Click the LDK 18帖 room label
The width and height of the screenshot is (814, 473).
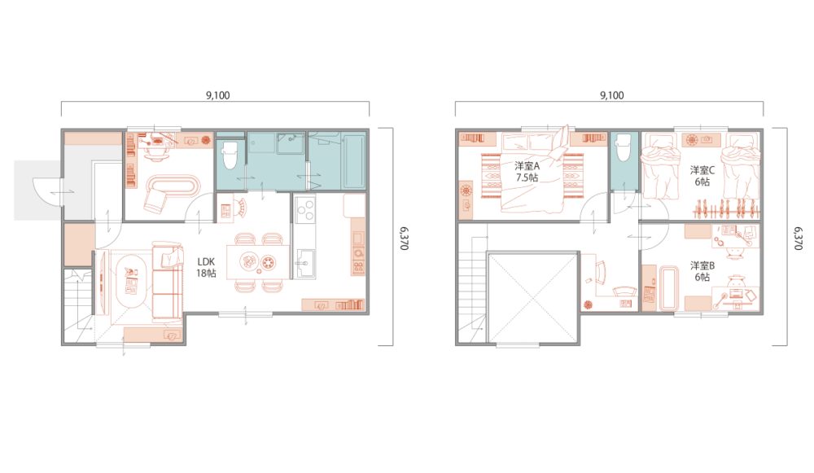coord(206,267)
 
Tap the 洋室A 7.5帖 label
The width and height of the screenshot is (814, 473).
coord(527,171)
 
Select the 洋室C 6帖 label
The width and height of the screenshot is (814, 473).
coord(702,176)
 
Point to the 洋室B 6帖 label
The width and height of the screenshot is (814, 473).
coord(702,271)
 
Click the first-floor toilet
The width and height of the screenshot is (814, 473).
coord(230,155)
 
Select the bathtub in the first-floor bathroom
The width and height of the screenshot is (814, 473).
coord(353,161)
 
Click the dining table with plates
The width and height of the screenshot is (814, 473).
coord(258,261)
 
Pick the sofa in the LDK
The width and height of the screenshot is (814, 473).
coord(167,280)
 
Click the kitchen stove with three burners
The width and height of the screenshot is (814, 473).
coord(304,210)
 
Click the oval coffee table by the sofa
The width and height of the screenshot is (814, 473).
coord(131,281)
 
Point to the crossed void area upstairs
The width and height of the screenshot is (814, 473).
coord(532,298)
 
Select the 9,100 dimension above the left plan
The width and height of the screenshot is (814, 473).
coord(218,95)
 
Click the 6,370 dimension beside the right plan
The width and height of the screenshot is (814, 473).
coord(799,238)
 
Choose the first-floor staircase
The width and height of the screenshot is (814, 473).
coord(78,305)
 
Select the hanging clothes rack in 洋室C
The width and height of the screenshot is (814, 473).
coord(726,208)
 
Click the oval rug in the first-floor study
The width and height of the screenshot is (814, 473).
coord(173,186)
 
